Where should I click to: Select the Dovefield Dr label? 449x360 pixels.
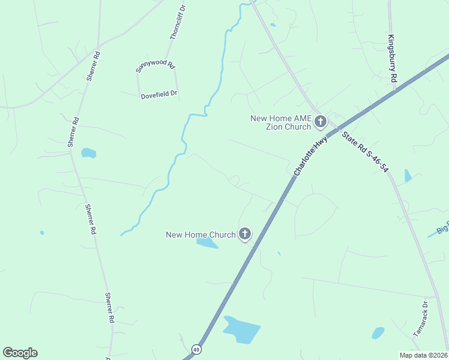pyautogui.click(x=159, y=95)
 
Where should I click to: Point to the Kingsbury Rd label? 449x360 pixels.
pyautogui.click(x=392, y=59)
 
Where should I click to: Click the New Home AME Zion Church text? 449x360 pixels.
pyautogui.click(x=281, y=122)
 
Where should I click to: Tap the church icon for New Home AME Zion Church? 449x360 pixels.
pyautogui.click(x=321, y=122)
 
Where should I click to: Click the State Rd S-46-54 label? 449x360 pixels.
pyautogui.click(x=365, y=152)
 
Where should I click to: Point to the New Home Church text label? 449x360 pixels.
pyautogui.click(x=200, y=235)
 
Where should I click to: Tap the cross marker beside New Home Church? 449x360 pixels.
pyautogui.click(x=244, y=234)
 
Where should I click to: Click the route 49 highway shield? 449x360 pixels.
pyautogui.click(x=196, y=349)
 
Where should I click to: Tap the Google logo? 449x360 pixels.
pyautogui.click(x=20, y=353)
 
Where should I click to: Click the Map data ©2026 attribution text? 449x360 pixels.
pyautogui.click(x=423, y=355)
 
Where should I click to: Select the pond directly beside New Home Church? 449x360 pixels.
pyautogui.click(x=207, y=244)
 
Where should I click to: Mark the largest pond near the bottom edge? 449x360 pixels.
pyautogui.click(x=241, y=329)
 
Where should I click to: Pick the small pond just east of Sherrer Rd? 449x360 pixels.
pyautogui.click(x=89, y=153)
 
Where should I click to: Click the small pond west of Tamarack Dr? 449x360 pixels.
pyautogui.click(x=378, y=332)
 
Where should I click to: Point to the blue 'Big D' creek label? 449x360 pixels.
pyautogui.click(x=442, y=229)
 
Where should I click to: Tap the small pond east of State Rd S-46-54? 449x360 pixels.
pyautogui.click(x=408, y=176)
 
